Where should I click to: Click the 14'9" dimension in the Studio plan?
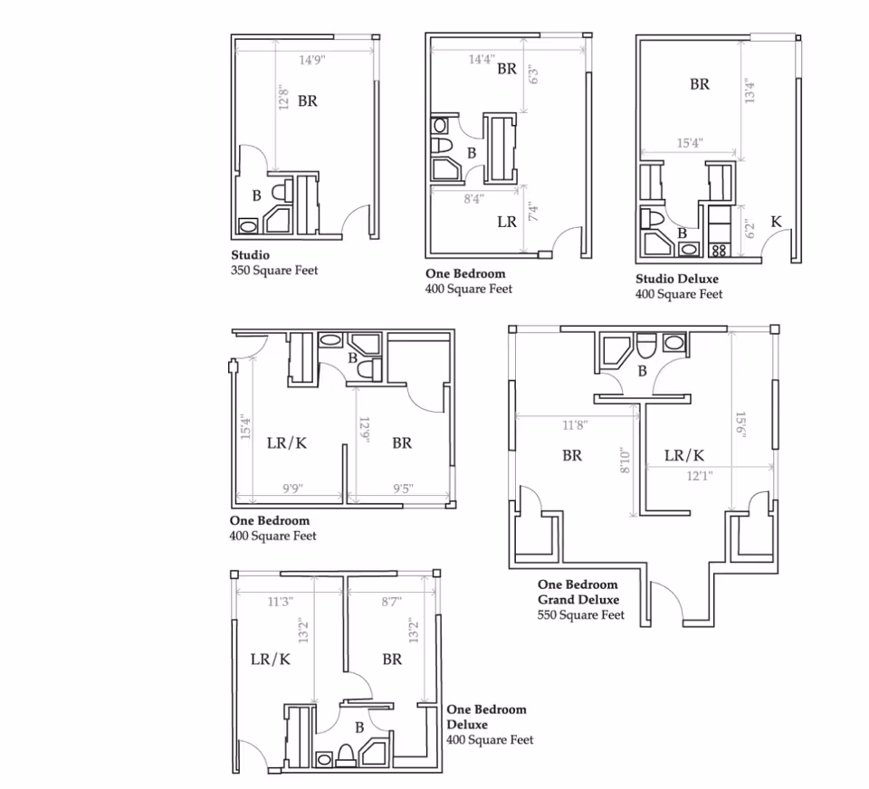(x=311, y=61)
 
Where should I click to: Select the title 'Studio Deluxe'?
(x=676, y=279)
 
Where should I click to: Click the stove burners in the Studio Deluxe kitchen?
(x=720, y=250)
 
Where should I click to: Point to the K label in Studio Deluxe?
(x=776, y=222)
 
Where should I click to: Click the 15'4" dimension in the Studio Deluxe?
(x=690, y=143)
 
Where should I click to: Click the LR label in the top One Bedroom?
(x=506, y=221)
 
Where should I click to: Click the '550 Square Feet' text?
(x=581, y=615)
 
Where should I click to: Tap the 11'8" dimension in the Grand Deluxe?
(x=575, y=424)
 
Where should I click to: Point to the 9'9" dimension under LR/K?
(x=291, y=489)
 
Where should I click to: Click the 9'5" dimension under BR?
(x=403, y=489)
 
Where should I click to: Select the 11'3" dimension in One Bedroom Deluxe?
(x=281, y=600)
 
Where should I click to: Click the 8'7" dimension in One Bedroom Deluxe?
(x=390, y=600)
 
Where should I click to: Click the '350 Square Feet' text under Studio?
(x=274, y=270)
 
